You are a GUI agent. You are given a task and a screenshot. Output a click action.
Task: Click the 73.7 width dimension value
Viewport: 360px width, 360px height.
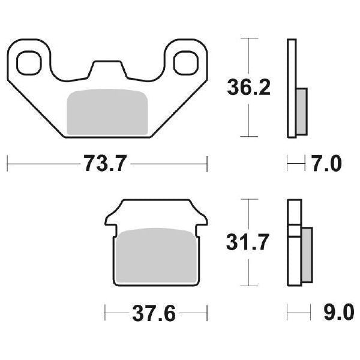[106, 164]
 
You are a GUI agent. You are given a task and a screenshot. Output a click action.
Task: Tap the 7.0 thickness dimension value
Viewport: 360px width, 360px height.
[326, 163]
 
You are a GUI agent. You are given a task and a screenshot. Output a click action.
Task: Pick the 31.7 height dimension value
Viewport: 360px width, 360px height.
[248, 242]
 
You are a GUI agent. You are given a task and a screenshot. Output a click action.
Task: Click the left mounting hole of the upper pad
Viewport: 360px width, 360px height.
[29, 62]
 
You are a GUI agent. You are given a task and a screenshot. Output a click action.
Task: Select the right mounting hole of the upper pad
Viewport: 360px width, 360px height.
[186, 62]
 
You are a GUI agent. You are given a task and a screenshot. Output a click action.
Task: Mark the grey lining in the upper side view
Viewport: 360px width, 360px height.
[302, 111]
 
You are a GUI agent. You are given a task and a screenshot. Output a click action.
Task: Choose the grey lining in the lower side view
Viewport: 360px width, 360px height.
[307, 256]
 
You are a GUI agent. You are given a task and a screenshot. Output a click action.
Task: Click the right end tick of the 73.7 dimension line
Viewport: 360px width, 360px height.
[207, 163]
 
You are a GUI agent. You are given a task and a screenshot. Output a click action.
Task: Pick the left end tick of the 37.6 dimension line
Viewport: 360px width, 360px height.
[106, 313]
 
